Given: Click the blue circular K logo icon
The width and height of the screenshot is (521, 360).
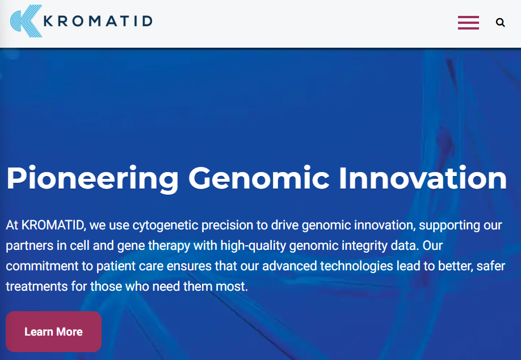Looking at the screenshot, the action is point(26,21).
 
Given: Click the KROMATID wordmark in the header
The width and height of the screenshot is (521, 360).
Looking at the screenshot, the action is point(98,21).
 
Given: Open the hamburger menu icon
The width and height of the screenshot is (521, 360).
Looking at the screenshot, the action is point(468,23).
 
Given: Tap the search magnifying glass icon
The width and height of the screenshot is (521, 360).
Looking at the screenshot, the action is point(501,23).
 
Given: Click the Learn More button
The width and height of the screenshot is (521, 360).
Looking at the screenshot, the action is point(53,332).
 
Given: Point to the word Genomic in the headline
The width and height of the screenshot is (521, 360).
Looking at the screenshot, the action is point(259,178).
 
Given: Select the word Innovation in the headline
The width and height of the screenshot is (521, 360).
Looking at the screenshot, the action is point(423,178).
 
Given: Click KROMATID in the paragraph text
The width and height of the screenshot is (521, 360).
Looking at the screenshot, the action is point(53,225).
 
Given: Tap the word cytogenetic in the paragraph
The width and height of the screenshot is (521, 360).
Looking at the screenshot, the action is point(165,225).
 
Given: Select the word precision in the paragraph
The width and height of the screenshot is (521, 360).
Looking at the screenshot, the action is point(228,225).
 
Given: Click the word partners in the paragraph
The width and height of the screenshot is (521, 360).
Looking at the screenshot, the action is point(30,246).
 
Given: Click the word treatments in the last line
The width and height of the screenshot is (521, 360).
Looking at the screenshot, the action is point(36,286).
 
